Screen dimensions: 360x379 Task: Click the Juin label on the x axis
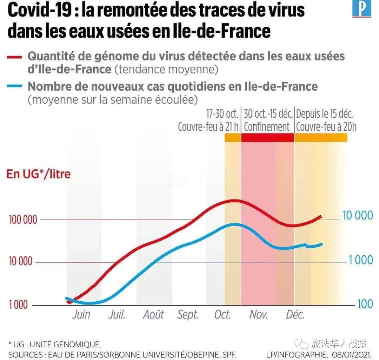coord(81,314)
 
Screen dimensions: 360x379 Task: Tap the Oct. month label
coord(222,314)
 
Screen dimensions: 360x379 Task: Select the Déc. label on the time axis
coord(295,314)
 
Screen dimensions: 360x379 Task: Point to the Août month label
coord(153,314)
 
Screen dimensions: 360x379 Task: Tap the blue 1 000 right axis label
coord(361,260)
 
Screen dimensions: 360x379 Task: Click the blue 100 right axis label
coord(365,304)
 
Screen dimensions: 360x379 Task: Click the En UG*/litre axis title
coord(39,174)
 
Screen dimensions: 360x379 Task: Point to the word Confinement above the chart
coord(267,127)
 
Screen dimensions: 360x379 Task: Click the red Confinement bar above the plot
coord(267,138)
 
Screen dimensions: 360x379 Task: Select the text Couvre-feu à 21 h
coord(208,127)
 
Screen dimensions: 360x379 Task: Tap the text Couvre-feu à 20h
coord(326,127)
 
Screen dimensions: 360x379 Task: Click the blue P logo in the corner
coord(361,9)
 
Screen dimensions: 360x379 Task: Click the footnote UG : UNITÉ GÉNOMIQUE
coord(56,344)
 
